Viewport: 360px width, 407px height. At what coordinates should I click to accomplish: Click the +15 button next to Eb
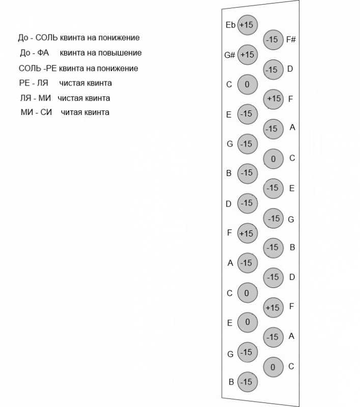(x=247, y=25)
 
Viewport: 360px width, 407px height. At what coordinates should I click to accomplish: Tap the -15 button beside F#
(x=273, y=40)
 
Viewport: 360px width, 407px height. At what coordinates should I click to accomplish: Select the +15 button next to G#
(x=247, y=55)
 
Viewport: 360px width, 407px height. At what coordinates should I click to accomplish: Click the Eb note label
(x=230, y=25)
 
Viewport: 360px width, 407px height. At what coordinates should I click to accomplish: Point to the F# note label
(x=291, y=40)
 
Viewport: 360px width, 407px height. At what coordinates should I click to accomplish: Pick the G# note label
(x=230, y=55)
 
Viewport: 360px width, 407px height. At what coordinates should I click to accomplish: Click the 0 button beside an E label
(x=247, y=322)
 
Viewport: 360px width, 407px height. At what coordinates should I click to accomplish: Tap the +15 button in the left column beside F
(x=247, y=233)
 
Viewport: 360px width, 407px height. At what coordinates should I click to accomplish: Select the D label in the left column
(x=228, y=204)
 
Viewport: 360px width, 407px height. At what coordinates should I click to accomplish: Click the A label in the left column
(x=230, y=263)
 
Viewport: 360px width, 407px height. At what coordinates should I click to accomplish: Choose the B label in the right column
(x=292, y=247)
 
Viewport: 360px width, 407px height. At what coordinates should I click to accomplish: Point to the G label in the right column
(x=291, y=220)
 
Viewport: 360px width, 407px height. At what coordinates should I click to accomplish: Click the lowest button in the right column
(x=273, y=367)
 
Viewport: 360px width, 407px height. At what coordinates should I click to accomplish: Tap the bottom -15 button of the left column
(x=247, y=382)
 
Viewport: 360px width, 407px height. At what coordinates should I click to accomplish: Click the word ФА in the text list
(x=43, y=53)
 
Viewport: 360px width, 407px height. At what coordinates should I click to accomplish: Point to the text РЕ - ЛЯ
(x=34, y=83)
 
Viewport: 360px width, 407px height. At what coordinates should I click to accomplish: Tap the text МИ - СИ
(x=36, y=112)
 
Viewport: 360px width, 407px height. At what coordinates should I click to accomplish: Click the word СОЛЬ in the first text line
(x=46, y=38)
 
